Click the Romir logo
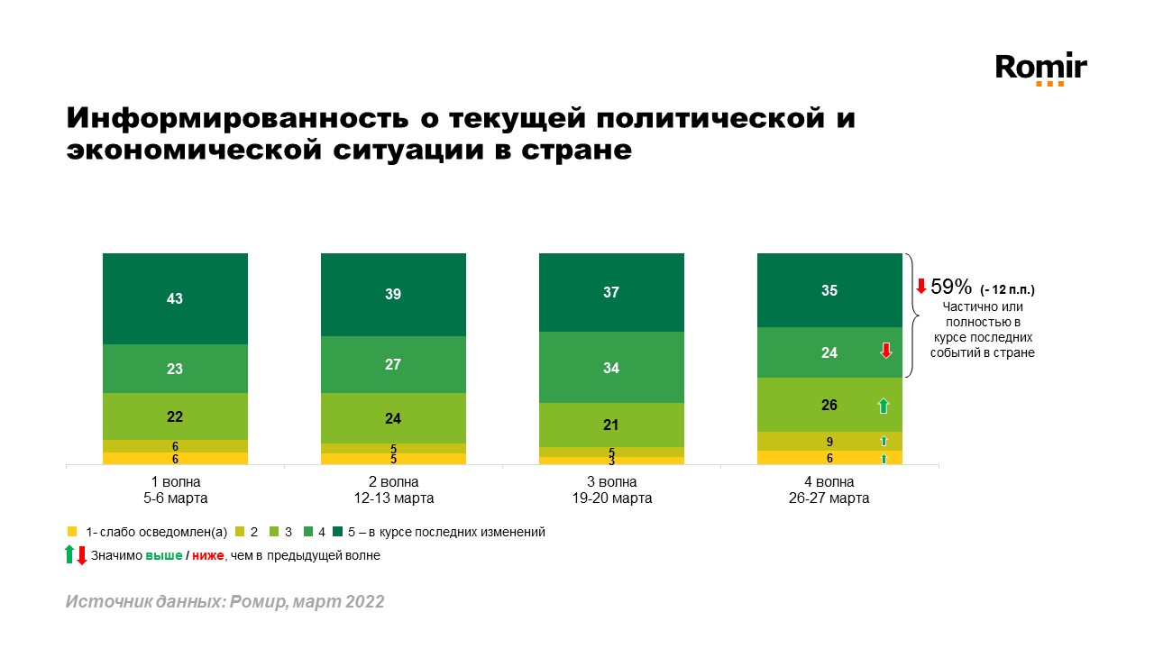[1040, 69]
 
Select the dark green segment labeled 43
[175, 298]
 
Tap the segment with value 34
[611, 368]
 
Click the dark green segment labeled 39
[393, 295]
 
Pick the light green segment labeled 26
[829, 405]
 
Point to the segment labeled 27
[393, 364]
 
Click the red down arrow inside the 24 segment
[885, 352]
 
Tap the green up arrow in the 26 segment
[884, 406]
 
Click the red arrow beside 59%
[920, 288]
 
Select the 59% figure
[951, 288]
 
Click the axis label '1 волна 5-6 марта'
[175, 489]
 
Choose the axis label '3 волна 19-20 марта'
[611, 489]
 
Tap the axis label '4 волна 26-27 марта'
[829, 489]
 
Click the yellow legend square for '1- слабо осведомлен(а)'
[72, 532]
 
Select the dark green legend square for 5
[337, 532]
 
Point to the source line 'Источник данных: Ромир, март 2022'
[224, 601]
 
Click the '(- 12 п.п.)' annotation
[1008, 290]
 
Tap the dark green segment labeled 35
[829, 290]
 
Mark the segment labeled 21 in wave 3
[611, 425]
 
